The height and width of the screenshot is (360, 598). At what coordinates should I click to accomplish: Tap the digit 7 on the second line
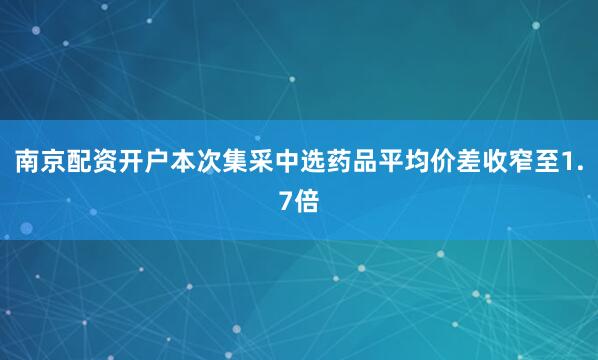pos(286,201)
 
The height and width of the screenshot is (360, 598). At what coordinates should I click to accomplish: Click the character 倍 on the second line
pos(308,201)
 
